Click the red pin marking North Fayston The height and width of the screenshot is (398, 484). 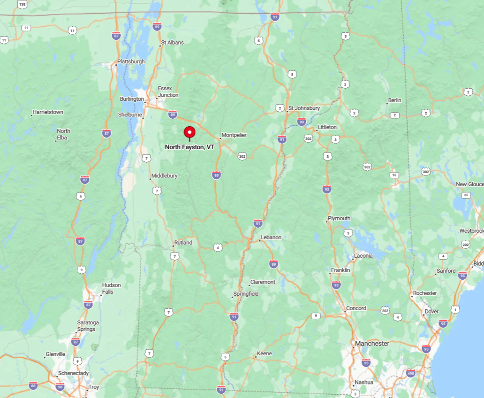pos(189,132)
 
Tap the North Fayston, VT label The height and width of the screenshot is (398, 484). pos(189,147)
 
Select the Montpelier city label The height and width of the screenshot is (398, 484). pos(234,135)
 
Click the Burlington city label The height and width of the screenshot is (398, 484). pos(132,99)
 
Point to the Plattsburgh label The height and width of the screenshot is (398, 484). pos(131,61)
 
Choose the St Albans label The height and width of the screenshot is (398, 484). pos(172,43)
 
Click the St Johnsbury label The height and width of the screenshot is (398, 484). pos(304,108)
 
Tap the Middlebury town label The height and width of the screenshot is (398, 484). pos(164,176)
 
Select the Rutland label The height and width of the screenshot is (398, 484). pos(183,243)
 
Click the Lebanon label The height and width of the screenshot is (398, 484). pos(271,237)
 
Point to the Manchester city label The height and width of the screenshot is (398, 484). pos(372,344)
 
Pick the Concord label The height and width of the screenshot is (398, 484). pos(356,308)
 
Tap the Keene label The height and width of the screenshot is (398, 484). pos(264,353)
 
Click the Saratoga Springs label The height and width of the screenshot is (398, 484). pos(86,326)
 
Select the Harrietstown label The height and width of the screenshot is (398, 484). pos(47,113)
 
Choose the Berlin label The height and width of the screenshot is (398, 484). pos(394,100)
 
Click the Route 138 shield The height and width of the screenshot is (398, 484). pos(22,4)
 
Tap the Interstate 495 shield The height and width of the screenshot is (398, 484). pos(411,373)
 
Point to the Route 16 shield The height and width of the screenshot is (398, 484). pos(394,175)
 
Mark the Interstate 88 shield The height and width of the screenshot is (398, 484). pos(33,385)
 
